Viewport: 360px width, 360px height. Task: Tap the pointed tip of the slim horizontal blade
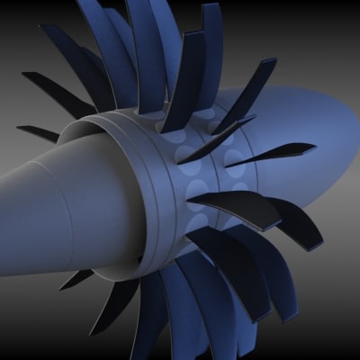click(x=314, y=146)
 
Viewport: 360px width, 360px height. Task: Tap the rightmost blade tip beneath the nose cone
click(x=319, y=243)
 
